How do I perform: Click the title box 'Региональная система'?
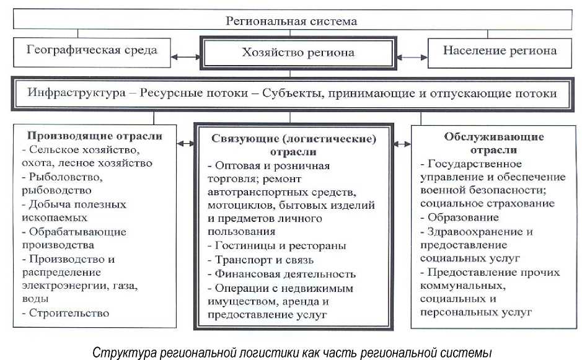[291, 21]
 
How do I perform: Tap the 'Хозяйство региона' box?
[298, 53]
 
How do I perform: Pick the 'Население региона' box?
[500, 50]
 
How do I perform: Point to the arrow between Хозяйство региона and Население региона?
[410, 56]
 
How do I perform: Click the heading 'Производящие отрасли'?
[95, 136]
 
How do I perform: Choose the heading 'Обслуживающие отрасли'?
[494, 144]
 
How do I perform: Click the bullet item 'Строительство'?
[68, 313]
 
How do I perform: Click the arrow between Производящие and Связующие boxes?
[185, 143]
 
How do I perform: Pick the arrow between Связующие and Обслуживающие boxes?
[402, 143]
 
